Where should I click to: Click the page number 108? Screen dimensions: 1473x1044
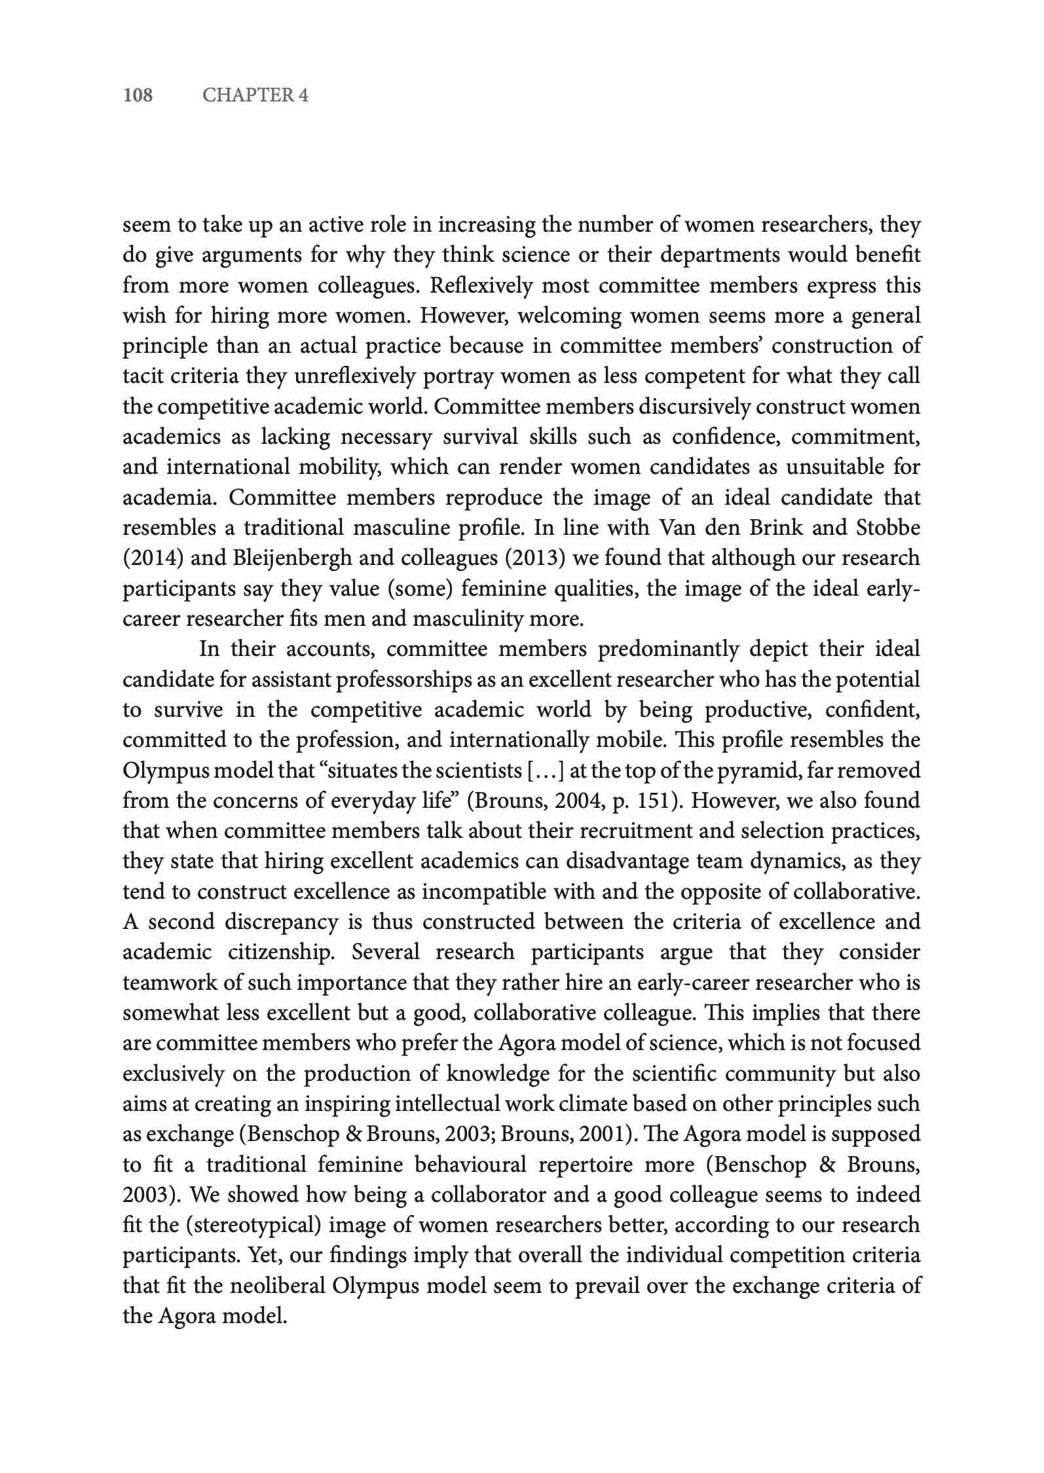(x=138, y=96)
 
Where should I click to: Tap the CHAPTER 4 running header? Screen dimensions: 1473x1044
(x=255, y=96)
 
